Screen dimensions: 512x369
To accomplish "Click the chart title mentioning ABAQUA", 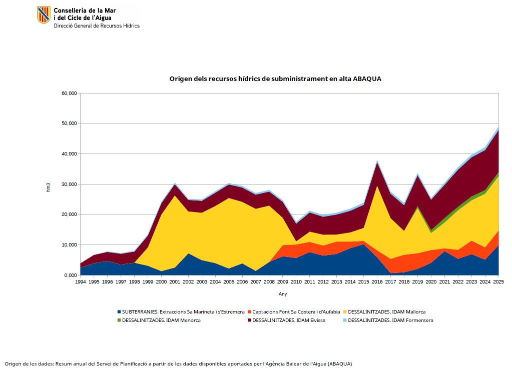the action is point(275,78).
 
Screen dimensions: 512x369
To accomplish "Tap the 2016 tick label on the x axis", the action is point(377,281).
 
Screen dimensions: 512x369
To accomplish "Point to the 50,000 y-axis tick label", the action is point(69,123).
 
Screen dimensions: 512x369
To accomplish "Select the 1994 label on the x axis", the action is point(80,281).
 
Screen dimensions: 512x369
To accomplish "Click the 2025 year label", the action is point(498,281).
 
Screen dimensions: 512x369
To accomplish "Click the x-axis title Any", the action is point(283,293).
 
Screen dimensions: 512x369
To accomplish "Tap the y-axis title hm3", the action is point(49,187).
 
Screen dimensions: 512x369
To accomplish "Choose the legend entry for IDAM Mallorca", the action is point(384,311).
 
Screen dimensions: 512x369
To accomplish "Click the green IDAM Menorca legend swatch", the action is point(119,320).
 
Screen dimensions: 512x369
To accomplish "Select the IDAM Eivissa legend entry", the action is point(286,320).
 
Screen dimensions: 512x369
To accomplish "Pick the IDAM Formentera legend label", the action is point(390,320).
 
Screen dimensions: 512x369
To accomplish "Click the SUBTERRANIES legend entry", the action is point(181,311).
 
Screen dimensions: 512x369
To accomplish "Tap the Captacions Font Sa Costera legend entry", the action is point(294,311).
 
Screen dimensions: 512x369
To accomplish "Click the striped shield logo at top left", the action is point(44,14).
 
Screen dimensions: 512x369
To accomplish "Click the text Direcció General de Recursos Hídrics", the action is point(97,26).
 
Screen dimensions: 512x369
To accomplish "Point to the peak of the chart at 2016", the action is point(377,160).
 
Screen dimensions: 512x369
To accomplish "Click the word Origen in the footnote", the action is point(13,364).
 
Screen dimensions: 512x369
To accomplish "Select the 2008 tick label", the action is point(269,281).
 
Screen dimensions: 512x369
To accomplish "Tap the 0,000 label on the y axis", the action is point(71,275).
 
